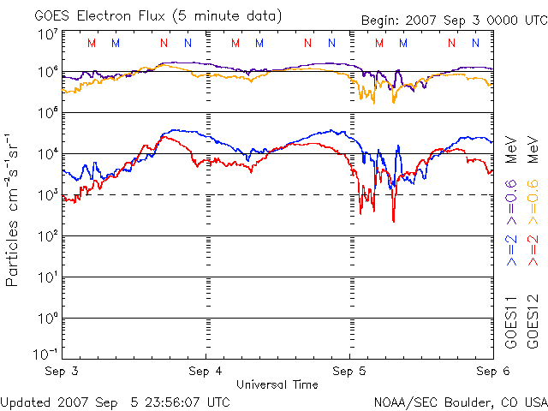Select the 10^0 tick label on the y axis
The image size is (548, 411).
(47, 317)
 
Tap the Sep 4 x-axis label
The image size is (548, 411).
(205, 372)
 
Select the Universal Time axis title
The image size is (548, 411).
(277, 384)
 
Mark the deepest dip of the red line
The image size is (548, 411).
(393, 221)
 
